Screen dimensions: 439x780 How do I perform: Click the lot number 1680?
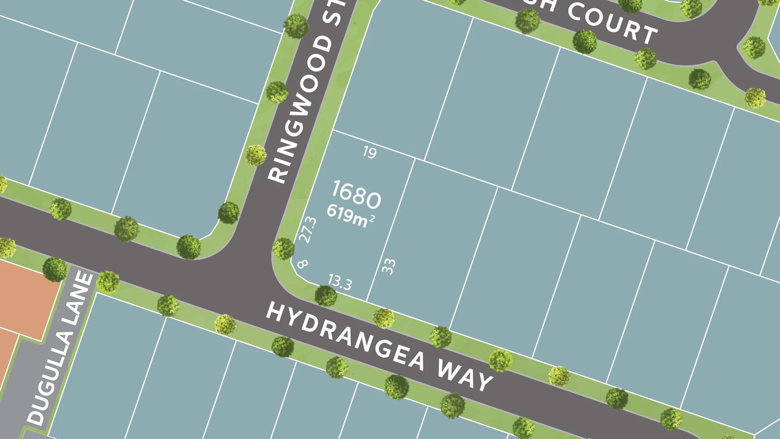tap(356, 194)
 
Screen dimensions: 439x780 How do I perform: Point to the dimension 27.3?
tap(308, 230)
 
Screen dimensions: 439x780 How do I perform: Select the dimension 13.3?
tap(340, 282)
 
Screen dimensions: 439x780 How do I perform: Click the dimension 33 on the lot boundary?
tap(389, 267)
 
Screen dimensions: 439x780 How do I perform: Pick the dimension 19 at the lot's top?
tap(369, 152)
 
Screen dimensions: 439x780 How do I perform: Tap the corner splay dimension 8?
tap(302, 264)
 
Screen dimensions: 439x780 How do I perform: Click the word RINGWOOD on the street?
tap(301, 110)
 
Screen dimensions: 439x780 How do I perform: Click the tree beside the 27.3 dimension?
tap(283, 249)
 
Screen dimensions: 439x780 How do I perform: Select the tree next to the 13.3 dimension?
tap(325, 296)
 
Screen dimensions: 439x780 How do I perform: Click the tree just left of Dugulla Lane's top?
tap(55, 269)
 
